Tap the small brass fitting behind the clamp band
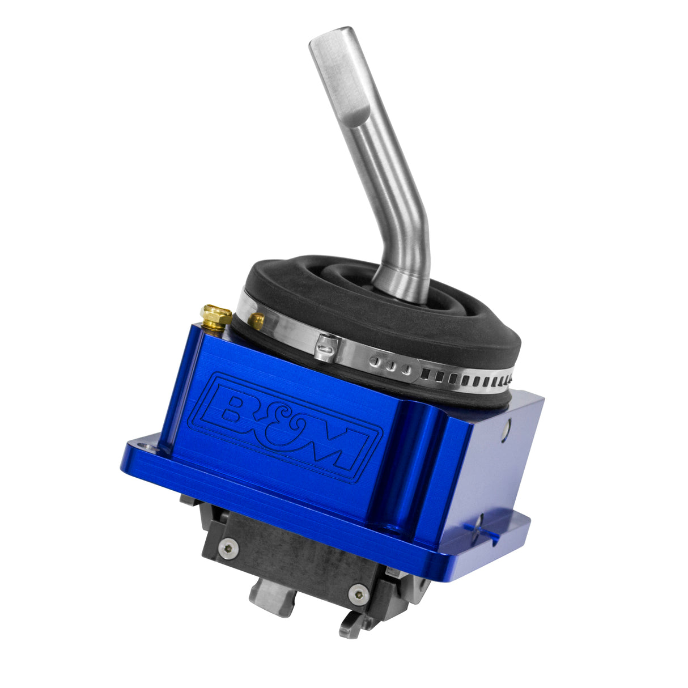click(256, 321)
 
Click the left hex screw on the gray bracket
click(228, 547)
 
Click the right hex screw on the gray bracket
click(357, 594)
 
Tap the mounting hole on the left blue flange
click(149, 448)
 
